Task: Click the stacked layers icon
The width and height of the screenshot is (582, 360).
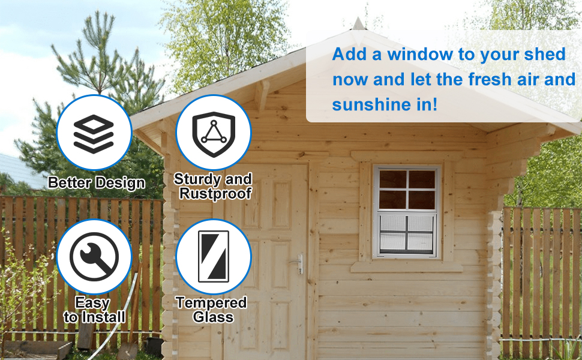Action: [94, 134]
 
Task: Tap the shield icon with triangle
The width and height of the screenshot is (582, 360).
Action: [214, 134]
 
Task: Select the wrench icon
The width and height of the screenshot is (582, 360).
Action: [94, 257]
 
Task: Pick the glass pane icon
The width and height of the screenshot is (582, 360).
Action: [214, 256]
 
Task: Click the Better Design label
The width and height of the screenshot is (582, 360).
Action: [96, 183]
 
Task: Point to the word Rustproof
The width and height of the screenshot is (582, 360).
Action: [215, 194]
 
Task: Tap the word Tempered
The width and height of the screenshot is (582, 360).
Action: [212, 303]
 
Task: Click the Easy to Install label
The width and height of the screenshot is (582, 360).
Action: [94, 310]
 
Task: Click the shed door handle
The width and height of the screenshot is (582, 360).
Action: [298, 263]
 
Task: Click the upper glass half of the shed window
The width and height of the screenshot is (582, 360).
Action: [407, 189]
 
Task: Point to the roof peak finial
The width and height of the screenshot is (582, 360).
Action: [358, 23]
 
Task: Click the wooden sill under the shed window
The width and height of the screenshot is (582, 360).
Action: [407, 266]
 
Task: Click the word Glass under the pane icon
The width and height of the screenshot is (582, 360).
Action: [214, 317]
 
